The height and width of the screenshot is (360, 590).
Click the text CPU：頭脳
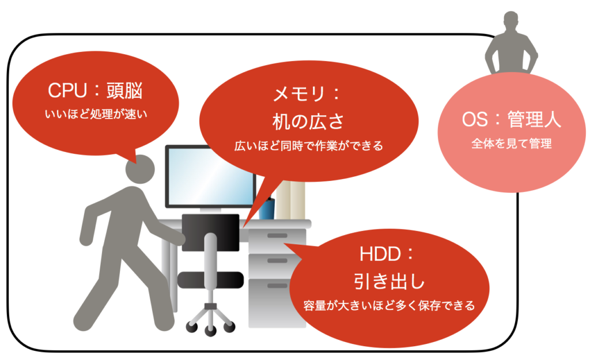tap(95, 90)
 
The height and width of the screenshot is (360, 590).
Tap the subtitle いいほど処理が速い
tap(96, 114)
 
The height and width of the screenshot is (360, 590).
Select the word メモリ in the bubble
tap(299, 93)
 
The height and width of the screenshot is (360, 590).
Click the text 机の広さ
tap(308, 121)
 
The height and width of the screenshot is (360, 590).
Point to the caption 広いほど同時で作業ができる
tap(309, 146)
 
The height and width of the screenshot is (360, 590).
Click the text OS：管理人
tap(512, 119)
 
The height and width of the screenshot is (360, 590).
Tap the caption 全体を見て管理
tap(512, 143)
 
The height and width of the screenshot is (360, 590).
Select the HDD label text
tap(381, 254)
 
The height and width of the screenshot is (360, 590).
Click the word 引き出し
tap(389, 281)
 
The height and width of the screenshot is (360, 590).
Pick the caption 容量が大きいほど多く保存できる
tap(389, 305)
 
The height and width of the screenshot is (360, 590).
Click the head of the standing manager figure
tap(511, 21)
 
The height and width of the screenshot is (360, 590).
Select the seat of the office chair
tap(210, 281)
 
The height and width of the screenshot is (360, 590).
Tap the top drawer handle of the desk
tap(277, 236)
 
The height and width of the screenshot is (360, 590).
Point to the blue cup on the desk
tap(266, 209)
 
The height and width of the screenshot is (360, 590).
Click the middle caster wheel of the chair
tap(210, 331)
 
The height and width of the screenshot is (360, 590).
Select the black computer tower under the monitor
tap(211, 232)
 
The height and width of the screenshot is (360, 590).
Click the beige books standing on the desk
tap(290, 199)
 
